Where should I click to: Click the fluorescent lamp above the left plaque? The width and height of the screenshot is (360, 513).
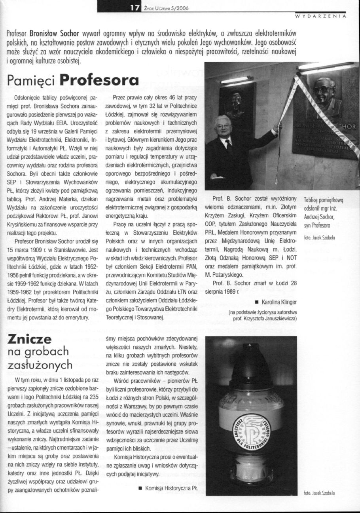pyautogui.click(x=236, y=80)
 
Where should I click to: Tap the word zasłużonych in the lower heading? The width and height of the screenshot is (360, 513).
pyautogui.click(x=40, y=365)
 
